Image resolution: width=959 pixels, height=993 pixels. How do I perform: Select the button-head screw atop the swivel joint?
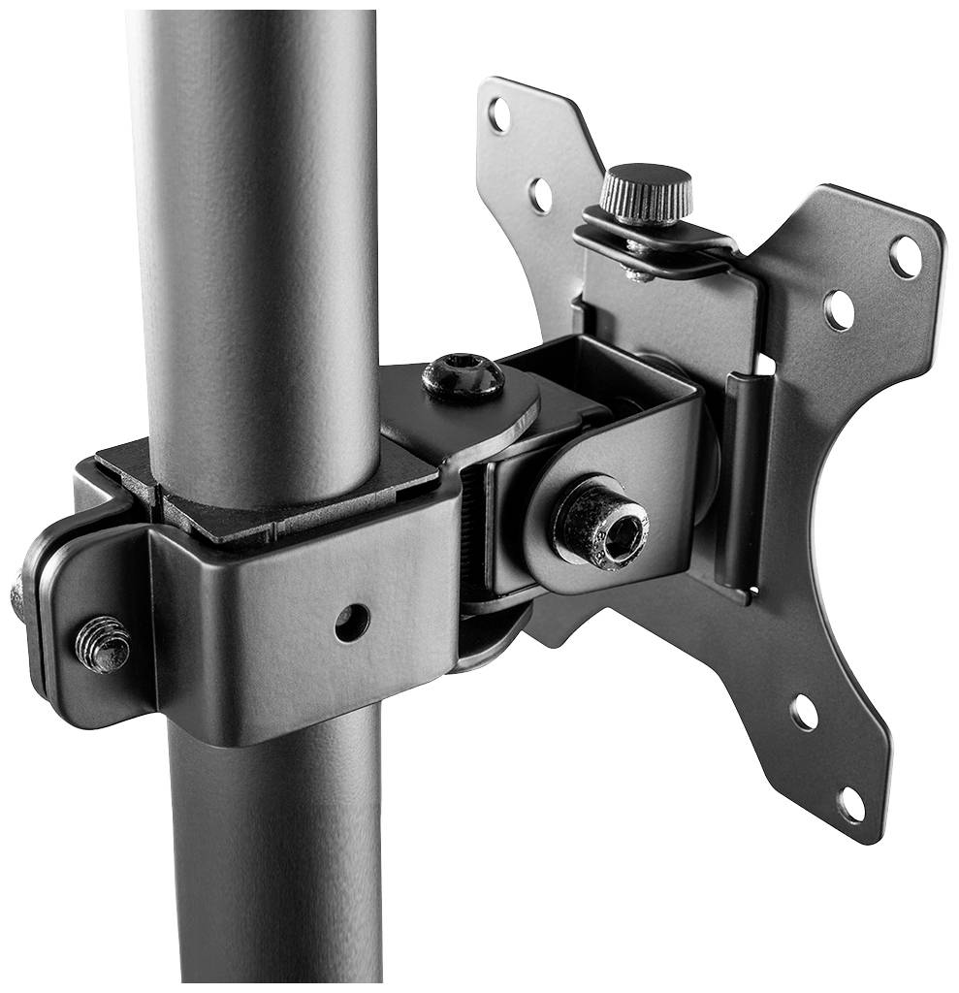[x=463, y=376]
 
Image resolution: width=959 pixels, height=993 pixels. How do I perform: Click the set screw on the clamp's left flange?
[x=102, y=644]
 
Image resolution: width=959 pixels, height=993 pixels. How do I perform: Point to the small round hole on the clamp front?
[x=351, y=622]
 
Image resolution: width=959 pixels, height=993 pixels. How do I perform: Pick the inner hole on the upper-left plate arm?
[x=541, y=195]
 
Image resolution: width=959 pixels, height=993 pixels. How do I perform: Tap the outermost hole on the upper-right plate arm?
[x=906, y=257]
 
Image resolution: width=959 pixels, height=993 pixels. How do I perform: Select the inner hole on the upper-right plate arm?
[x=839, y=309]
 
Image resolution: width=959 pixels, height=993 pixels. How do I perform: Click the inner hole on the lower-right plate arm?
[x=804, y=713]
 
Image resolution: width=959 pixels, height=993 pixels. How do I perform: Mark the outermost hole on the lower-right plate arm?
[x=850, y=804]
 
